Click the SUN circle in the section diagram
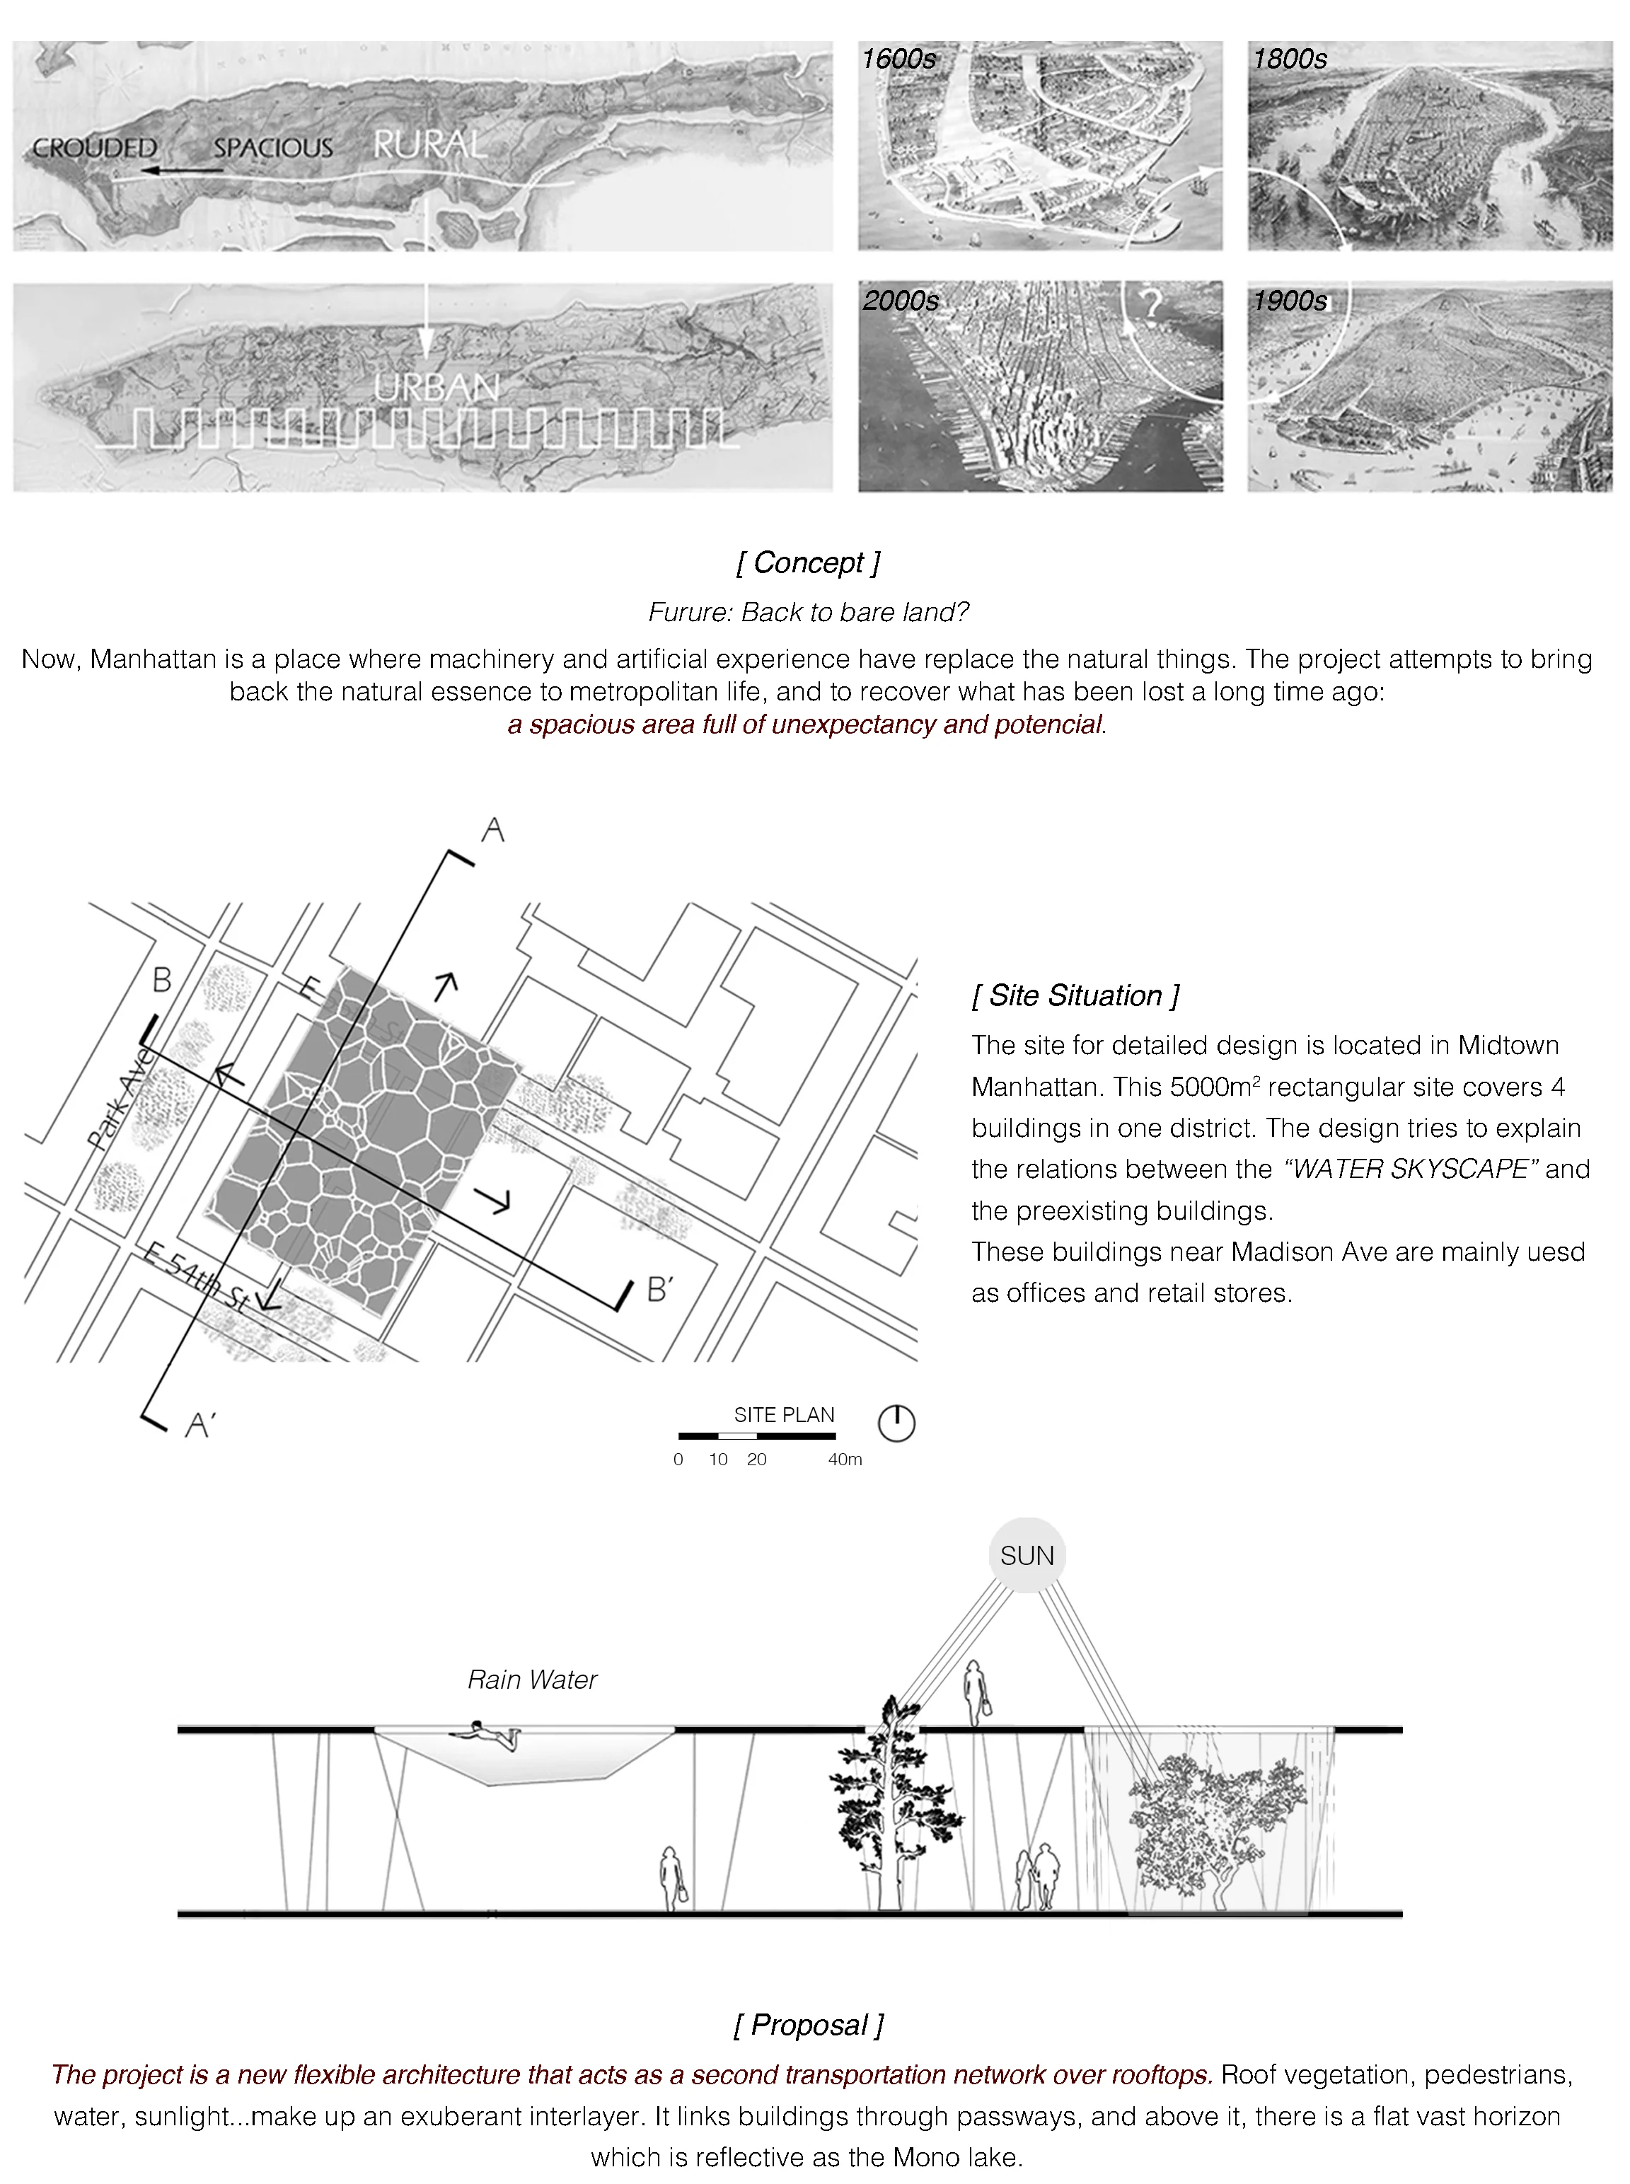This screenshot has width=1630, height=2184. pos(1026,1556)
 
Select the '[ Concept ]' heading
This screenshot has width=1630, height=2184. pos(807,562)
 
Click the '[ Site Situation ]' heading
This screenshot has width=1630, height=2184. pos(1075,995)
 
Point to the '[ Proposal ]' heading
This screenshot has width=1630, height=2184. pos(808,2026)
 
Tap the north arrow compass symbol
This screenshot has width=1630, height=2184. pos(896,1423)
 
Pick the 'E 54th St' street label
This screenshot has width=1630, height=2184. pos(195,1278)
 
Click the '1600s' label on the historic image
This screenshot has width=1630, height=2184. pos(898,59)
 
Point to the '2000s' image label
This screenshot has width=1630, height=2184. pos(900,301)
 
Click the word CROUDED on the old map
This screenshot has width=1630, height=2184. pos(95,148)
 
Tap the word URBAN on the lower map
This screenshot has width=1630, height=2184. pos(436,388)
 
